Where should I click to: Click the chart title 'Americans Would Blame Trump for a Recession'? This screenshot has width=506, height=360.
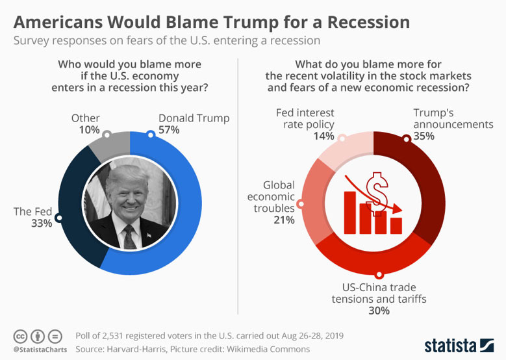click(x=212, y=22)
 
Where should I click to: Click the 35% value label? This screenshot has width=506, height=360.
click(x=425, y=136)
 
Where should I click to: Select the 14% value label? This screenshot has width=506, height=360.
click(x=323, y=136)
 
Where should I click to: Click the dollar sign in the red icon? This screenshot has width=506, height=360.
click(x=377, y=188)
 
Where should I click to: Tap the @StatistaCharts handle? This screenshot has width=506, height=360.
click(x=38, y=350)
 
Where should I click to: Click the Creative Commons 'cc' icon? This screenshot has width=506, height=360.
click(x=21, y=336)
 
